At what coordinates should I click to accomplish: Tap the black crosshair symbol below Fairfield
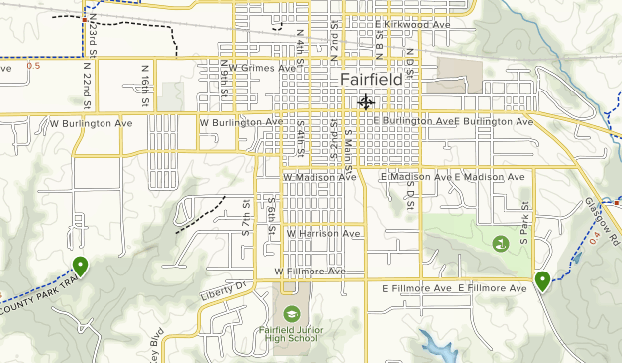point(365,101)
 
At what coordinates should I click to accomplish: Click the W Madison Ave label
point(319,177)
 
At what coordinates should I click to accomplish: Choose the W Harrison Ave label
point(321,233)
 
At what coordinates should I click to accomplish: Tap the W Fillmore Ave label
point(311,271)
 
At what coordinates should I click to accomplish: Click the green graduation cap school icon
point(290,312)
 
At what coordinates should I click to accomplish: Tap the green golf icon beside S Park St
point(500,243)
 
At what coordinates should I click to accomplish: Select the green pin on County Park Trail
point(79,266)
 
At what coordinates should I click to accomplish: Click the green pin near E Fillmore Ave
point(542,281)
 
